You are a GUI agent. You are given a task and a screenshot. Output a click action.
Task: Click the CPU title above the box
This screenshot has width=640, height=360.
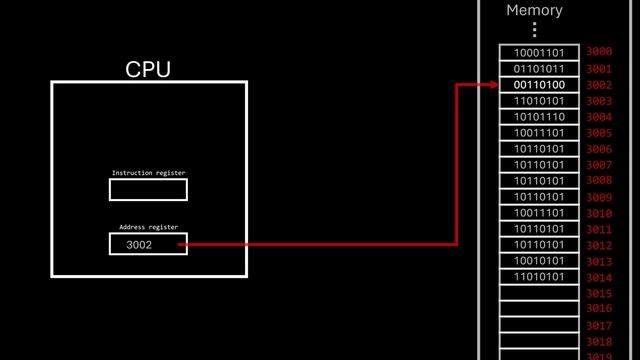(148, 69)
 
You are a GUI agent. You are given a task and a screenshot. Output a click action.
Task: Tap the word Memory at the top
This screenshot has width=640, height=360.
(534, 11)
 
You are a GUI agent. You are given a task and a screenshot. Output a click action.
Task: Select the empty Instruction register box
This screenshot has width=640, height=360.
(148, 190)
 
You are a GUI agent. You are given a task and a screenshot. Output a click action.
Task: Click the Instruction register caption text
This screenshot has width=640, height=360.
(148, 173)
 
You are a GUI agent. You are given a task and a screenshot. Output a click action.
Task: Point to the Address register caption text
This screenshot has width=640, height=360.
(148, 227)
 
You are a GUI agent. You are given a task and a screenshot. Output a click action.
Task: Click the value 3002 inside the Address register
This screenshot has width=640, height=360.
(140, 245)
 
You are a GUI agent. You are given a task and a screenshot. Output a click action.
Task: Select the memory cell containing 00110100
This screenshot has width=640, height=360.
(539, 85)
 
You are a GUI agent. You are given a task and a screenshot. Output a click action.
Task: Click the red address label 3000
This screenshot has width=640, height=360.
(599, 52)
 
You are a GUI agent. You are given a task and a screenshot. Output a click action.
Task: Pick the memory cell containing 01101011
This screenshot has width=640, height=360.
(539, 69)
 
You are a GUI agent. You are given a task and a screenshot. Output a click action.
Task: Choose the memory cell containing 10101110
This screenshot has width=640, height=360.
(539, 117)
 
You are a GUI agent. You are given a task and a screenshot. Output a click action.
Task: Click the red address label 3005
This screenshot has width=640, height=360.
(599, 133)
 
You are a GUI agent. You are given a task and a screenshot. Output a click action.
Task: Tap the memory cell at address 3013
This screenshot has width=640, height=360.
(539, 261)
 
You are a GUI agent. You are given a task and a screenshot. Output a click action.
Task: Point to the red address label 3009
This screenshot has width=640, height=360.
(599, 197)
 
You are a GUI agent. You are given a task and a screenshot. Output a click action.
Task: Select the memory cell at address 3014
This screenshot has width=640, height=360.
(539, 277)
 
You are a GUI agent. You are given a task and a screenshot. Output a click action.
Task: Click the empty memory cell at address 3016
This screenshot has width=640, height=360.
(539, 309)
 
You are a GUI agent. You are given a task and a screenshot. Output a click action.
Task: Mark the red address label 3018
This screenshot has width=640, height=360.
(599, 341)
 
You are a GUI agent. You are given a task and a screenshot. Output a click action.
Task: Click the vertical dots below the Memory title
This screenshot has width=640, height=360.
(534, 30)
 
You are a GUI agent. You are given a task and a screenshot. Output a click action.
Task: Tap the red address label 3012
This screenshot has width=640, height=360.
(599, 245)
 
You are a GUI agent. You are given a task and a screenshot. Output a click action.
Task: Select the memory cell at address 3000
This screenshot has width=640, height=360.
(539, 52)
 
